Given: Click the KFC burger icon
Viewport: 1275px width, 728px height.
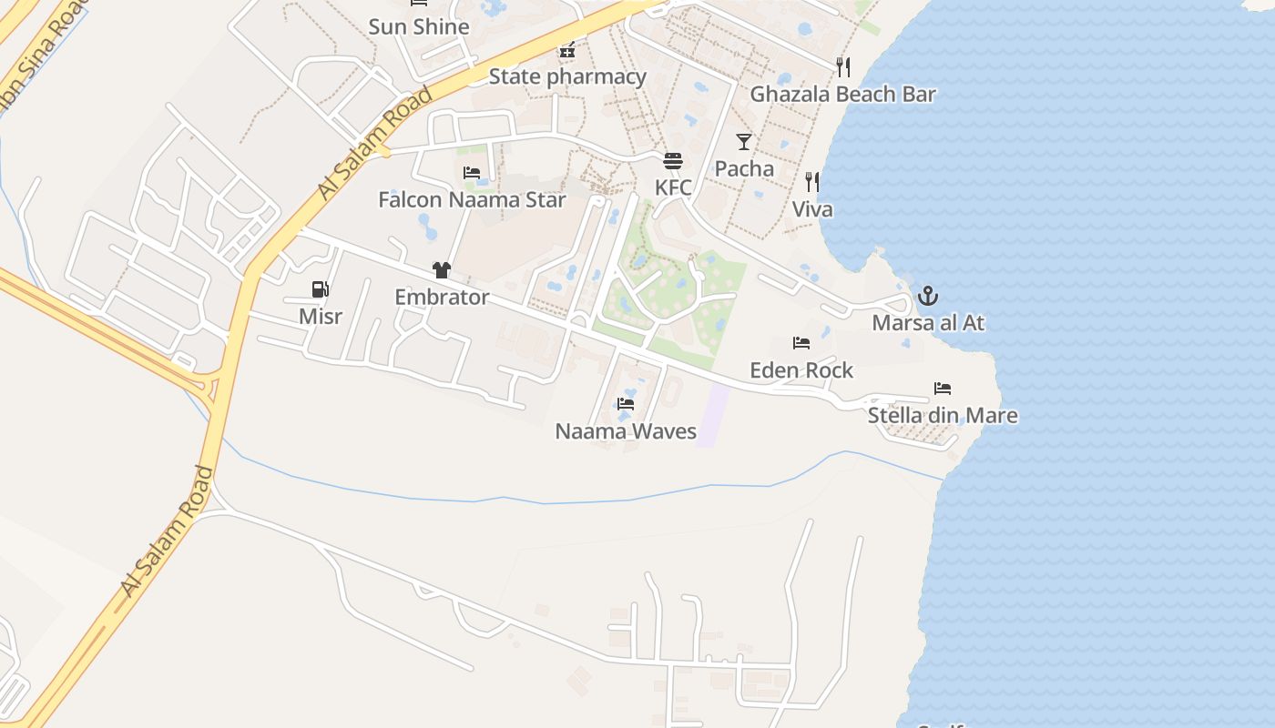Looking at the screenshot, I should click(x=673, y=161).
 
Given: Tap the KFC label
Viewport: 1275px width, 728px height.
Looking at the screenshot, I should click(x=673, y=187).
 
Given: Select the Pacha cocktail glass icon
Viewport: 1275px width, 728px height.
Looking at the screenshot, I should click(x=744, y=141).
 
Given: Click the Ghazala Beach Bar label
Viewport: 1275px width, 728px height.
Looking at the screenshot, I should click(x=842, y=94).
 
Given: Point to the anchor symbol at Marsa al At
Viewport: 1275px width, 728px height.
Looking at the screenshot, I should click(x=927, y=295).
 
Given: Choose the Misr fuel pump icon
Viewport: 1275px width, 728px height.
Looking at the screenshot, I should click(x=320, y=289).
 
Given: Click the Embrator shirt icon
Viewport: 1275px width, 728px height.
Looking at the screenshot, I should click(x=442, y=269).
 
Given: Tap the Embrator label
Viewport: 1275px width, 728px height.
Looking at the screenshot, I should click(x=442, y=297).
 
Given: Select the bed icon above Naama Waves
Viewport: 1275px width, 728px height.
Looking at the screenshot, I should click(x=626, y=403).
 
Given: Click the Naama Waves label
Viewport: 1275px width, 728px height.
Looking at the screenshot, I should click(x=626, y=431).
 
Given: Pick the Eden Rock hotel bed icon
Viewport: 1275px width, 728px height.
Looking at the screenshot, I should click(x=801, y=343).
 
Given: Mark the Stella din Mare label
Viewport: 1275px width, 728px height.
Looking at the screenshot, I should click(x=943, y=416).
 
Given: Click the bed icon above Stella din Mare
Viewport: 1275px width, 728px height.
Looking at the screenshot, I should click(x=943, y=389).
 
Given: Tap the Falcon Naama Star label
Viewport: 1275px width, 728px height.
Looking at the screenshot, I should click(x=472, y=199).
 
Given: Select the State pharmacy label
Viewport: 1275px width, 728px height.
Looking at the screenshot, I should click(x=567, y=76).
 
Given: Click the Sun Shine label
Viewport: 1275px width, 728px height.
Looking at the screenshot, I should click(x=419, y=26).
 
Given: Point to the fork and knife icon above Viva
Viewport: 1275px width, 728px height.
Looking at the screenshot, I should click(x=811, y=182).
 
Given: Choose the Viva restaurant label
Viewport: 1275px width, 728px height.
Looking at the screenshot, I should click(x=811, y=209).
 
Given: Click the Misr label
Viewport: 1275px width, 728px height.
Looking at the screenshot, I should click(x=321, y=316).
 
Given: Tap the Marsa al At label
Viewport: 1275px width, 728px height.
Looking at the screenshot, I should click(x=928, y=323).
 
